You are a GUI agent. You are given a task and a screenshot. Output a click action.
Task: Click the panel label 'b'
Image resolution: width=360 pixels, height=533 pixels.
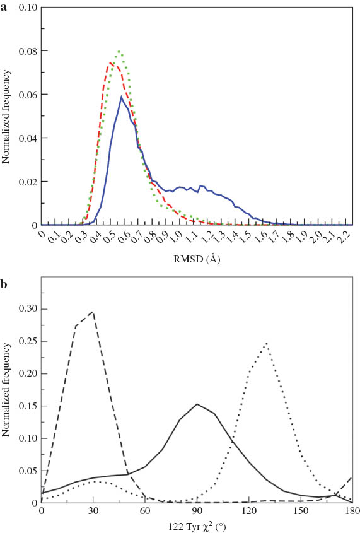pyautogui.click(x=4, y=268)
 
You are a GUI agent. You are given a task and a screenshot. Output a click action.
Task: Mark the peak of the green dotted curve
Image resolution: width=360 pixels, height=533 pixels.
pyautogui.click(x=119, y=51)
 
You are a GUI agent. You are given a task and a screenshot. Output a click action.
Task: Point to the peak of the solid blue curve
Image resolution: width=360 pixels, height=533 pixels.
pyautogui.click(x=121, y=97)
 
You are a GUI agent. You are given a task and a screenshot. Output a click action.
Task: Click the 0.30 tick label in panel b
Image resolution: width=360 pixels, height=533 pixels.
pyautogui.click(x=27, y=308)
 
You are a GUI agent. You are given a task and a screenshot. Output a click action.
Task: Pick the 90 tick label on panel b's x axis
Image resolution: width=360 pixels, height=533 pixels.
pyautogui.click(x=197, y=512)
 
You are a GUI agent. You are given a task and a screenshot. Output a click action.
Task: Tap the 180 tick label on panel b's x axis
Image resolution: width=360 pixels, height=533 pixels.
pyautogui.click(x=351, y=512)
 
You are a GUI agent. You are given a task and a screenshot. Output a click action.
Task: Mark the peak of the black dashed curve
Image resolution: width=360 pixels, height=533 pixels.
pyautogui.click(x=93, y=312)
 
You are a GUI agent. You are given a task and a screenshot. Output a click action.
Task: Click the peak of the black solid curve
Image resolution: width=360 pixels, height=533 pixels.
pyautogui.click(x=197, y=404)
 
